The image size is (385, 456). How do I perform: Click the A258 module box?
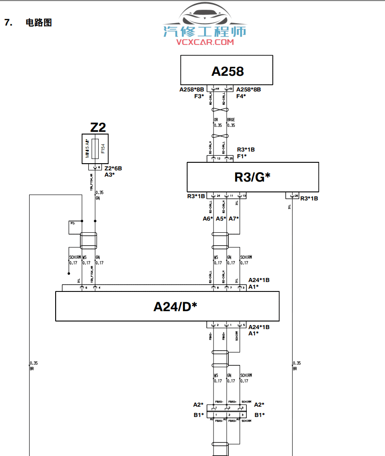pos(227,70)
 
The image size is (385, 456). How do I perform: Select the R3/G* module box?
pos(253,177)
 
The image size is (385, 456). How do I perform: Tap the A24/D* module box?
pos(167,306)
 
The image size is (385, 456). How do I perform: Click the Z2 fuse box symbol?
pos(96,149)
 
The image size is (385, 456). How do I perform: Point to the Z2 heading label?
pos(98,127)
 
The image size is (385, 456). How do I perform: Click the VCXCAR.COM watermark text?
pos(205,42)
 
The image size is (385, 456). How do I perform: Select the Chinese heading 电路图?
pos(39,22)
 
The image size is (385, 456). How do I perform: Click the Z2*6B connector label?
pos(113,169)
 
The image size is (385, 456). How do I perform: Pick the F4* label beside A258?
pos(241,96)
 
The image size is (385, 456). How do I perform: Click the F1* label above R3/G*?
pos(241,156)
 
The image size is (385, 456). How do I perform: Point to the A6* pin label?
pos(207,218)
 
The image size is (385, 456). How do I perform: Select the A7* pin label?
pos(234,218)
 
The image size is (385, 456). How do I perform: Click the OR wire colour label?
pos(216,120)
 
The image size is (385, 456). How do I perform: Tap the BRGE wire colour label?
pos(231,120)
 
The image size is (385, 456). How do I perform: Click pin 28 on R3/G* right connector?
pos(296,196)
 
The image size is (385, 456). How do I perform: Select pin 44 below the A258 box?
pos(217,89)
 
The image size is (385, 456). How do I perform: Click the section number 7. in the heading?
pos(8,22)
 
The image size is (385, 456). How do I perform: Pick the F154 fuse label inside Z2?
pos(103,148)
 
